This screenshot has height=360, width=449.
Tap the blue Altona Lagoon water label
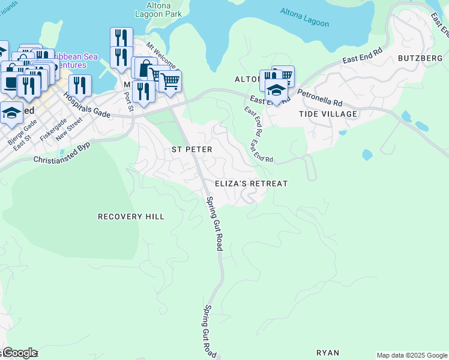click(305, 17)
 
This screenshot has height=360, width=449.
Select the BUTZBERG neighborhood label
click(420, 58)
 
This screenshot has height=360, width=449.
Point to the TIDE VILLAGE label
click(328, 114)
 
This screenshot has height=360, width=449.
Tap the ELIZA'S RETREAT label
click(252, 184)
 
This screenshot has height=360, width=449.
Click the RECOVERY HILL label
click(131, 217)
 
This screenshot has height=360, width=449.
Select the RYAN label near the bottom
click(328, 353)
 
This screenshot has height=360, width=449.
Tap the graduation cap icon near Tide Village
click(276, 91)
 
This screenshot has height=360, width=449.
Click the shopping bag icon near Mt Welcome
click(144, 69)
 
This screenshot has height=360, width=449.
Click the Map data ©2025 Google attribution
click(412, 355)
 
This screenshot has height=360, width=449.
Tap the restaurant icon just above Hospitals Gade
click(80, 85)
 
